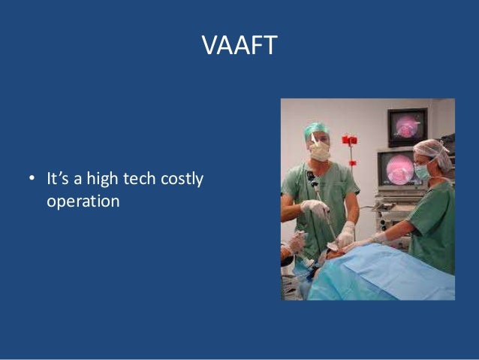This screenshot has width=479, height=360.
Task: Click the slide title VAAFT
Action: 239,46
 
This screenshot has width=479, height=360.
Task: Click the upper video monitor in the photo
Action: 406,126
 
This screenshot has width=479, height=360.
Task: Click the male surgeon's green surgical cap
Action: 316,130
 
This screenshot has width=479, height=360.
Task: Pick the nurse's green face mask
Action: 423,171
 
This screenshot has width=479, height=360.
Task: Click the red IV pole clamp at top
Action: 349,141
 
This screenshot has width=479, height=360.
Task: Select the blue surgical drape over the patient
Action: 390,274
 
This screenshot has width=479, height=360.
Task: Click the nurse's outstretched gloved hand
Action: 375,239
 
